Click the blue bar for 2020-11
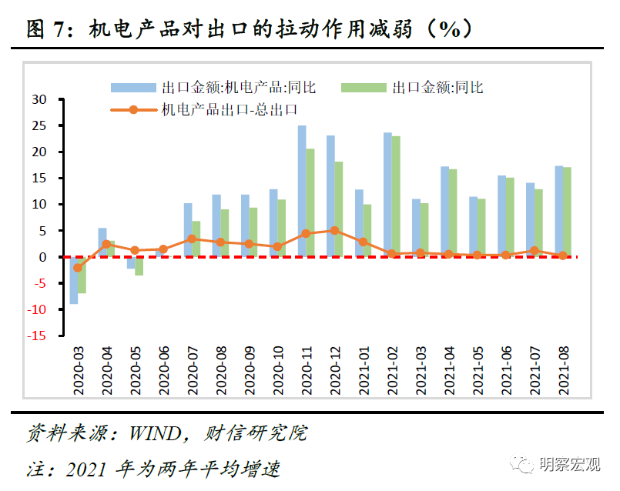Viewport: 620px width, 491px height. [302, 191]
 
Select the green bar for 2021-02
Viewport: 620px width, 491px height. [396, 196]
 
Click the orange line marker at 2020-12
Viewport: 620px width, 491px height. [334, 230]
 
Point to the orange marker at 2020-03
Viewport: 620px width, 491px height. [78, 268]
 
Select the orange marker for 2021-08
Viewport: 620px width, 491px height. [563, 256]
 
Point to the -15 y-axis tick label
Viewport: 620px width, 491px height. [37, 336]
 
